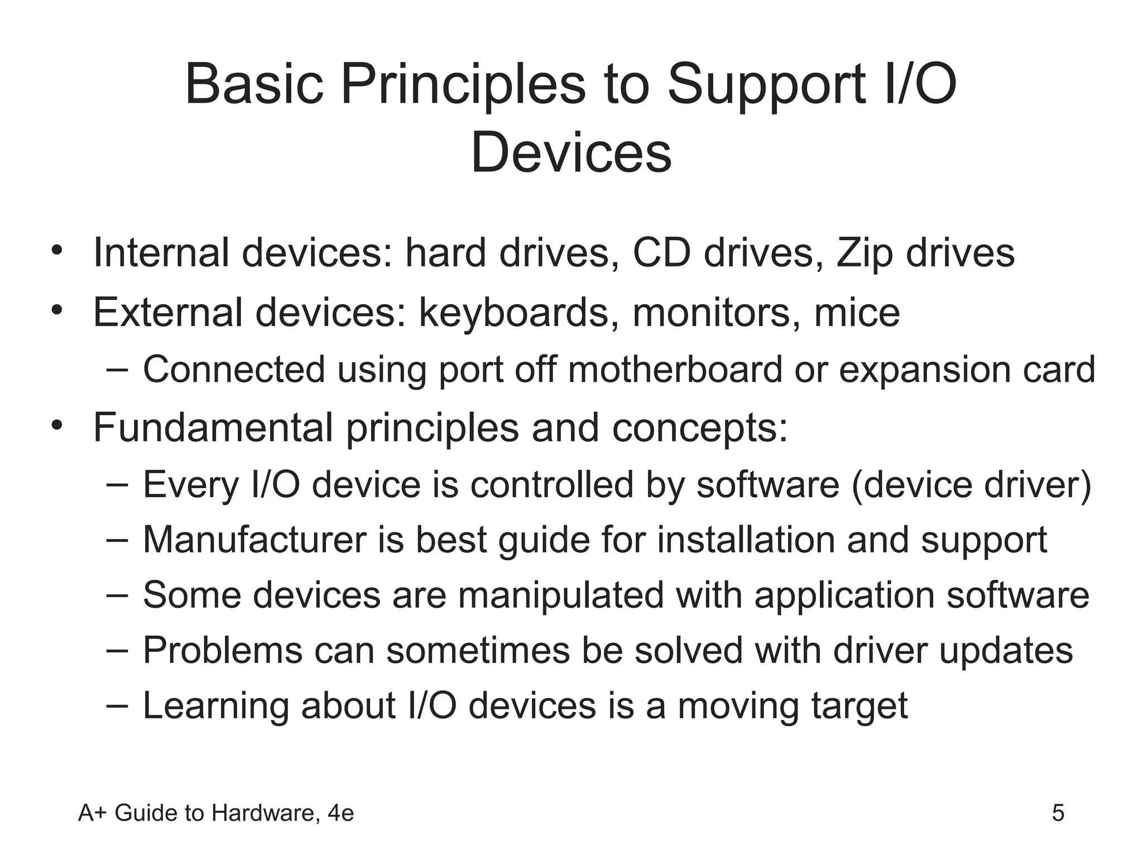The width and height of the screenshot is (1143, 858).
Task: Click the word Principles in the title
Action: (463, 85)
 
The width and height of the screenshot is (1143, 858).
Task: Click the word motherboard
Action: (675, 369)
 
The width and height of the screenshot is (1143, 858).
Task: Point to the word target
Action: (859, 706)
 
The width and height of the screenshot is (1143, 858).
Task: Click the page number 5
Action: (1058, 813)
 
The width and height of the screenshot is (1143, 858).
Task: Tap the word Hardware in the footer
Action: (266, 813)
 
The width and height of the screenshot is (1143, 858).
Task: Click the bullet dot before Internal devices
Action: (56, 251)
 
